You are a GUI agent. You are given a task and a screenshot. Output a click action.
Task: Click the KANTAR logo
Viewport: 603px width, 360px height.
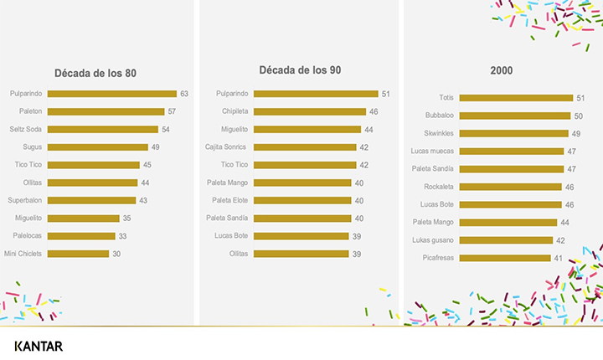39,346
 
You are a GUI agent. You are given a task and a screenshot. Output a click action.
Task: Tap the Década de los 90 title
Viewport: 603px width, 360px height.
300,69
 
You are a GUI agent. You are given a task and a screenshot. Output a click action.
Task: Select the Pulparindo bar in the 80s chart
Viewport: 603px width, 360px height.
111,94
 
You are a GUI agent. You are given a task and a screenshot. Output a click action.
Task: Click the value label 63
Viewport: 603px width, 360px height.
184,94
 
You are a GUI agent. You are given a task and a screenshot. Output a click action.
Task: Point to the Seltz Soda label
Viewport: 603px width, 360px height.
27,129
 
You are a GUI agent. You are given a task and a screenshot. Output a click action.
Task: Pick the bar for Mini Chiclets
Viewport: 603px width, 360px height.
78,253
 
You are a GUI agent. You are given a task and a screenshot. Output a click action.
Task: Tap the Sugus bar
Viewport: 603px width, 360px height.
97,147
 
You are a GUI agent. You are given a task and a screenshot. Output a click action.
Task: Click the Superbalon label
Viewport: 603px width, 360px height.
25,200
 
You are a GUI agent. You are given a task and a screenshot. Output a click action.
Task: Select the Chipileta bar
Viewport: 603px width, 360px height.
310,111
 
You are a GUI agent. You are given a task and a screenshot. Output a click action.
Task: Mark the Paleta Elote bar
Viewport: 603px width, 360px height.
302,200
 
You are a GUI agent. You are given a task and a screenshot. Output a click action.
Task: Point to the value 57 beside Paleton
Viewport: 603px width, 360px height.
173,111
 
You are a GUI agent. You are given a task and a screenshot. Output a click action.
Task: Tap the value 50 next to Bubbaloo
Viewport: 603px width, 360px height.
578,116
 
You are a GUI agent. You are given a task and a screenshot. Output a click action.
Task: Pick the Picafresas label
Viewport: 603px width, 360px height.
439,258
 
